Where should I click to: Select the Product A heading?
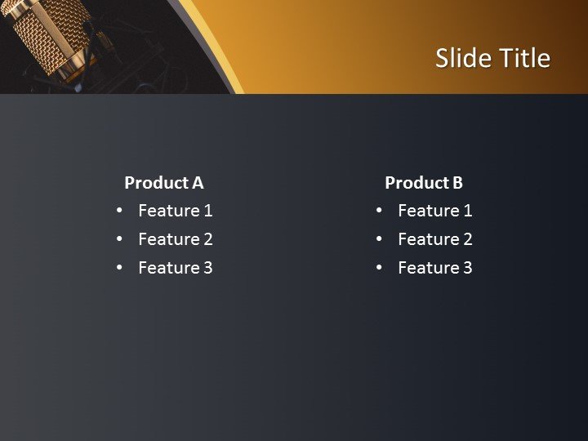point(163,183)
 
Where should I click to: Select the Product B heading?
point(423,183)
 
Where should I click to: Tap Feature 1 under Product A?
point(175,211)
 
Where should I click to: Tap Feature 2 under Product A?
point(175,239)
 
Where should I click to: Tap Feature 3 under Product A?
point(175,268)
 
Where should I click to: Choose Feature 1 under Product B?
point(434,211)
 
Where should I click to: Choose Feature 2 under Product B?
point(434,239)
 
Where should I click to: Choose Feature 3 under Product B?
point(434,268)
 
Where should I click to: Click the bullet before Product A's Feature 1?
point(119,211)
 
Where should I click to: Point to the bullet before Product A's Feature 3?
point(119,267)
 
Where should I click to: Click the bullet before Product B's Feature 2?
point(379,238)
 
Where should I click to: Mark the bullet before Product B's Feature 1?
point(379,211)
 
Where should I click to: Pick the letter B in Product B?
point(457,183)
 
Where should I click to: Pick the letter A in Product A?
point(197,183)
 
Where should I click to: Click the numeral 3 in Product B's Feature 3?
point(467,268)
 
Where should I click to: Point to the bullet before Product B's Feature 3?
point(379,267)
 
